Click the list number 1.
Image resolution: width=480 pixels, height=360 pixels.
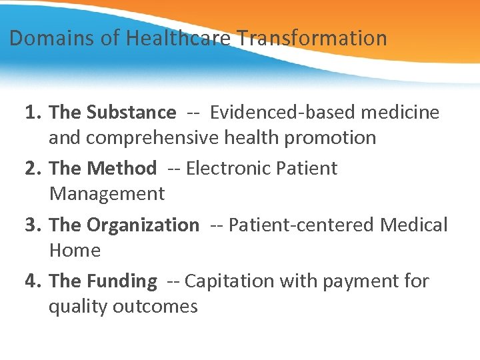point(33,113)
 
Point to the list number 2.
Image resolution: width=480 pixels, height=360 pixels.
point(33,169)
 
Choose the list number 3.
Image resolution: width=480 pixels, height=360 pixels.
point(33,225)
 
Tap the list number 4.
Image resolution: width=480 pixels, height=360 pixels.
point(33,281)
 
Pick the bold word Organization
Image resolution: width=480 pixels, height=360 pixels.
point(143,225)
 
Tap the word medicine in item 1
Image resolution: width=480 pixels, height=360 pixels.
point(400,113)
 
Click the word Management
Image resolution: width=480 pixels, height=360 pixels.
point(107,194)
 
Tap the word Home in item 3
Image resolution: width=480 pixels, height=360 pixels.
point(75,251)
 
